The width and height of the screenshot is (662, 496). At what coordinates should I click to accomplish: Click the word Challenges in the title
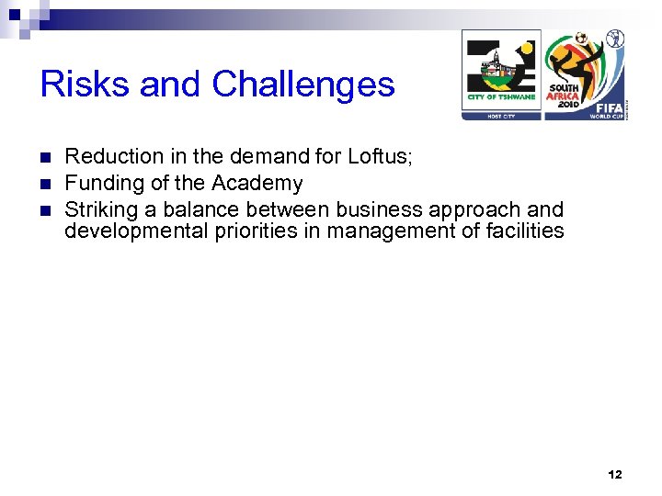pyautogui.click(x=302, y=85)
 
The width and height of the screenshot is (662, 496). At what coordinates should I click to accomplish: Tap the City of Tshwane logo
pyautogui.click(x=501, y=73)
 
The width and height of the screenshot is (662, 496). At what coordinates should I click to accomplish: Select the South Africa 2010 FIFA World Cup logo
pyautogui.click(x=585, y=73)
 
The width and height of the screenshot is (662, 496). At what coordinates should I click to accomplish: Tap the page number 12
pyautogui.click(x=614, y=475)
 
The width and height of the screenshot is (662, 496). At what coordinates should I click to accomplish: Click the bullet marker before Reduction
pyautogui.click(x=47, y=157)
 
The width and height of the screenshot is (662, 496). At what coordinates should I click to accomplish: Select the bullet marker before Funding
pyautogui.click(x=47, y=184)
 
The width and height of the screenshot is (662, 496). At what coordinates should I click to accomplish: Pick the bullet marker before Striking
pyautogui.click(x=47, y=209)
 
